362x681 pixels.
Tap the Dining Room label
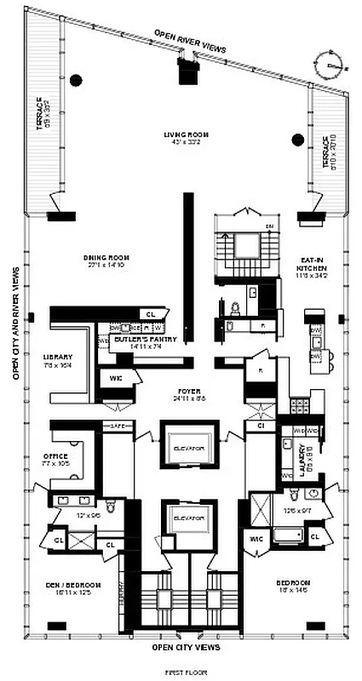click(x=105, y=258)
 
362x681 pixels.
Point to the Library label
click(x=58, y=358)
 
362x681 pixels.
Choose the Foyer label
click(x=187, y=392)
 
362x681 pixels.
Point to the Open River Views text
click(x=190, y=41)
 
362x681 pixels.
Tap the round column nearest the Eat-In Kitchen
click(x=298, y=140)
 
